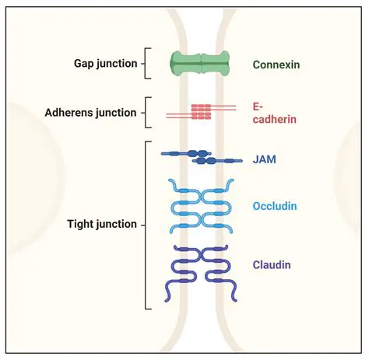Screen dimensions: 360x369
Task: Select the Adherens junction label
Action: point(91,113)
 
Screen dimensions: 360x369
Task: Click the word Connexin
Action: point(276,65)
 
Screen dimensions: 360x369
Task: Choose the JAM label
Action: point(264,159)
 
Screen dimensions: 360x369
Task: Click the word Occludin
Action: point(275,206)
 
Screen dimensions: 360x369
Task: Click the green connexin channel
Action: point(202,64)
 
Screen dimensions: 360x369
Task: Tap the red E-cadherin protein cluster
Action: point(202,112)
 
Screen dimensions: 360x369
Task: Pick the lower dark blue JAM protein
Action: point(216,161)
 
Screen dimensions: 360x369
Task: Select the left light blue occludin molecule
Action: point(185,207)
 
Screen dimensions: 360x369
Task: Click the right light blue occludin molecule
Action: point(218,207)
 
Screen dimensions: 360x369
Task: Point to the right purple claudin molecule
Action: point(219,272)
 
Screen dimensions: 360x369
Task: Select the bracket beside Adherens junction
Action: point(146,113)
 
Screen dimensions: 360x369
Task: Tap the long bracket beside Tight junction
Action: point(147,225)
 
